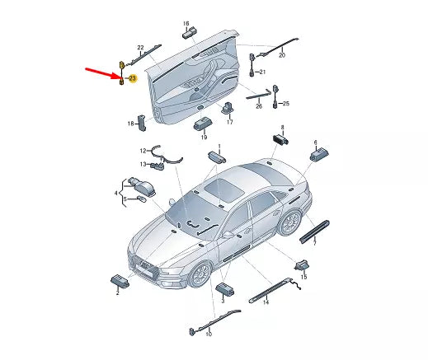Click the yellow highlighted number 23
132,78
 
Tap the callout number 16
186,23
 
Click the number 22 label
140,48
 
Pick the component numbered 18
142,123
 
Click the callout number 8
282,128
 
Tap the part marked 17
228,108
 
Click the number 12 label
143,151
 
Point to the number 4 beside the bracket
116,194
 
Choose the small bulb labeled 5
142,199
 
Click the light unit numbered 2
120,281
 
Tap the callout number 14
266,302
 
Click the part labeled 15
301,265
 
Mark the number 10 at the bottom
209,334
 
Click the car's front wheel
200,274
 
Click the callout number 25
286,104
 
